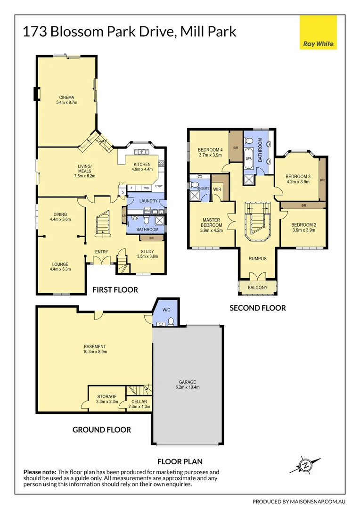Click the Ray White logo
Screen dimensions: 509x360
(319, 32)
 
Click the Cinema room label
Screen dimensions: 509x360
(66, 97)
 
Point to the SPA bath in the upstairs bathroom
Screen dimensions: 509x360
(249, 159)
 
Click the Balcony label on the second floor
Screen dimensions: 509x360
(257, 287)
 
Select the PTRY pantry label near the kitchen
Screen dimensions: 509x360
(159, 186)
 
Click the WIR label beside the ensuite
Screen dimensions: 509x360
(217, 189)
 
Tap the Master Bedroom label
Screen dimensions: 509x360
(211, 223)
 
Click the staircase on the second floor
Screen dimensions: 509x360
(257, 220)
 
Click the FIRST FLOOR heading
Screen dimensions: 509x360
(115, 289)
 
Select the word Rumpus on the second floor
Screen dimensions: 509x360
(257, 258)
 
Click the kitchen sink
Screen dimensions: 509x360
(140, 152)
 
